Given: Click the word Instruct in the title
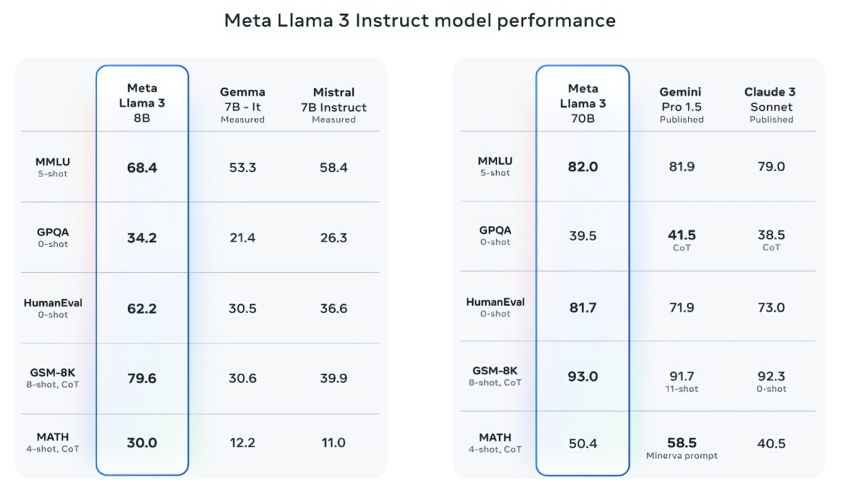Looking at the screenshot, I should coord(399,20).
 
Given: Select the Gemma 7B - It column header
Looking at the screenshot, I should coord(243,105).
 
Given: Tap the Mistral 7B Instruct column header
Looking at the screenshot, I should coord(334,105).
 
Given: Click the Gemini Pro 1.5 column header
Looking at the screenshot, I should coord(681,105).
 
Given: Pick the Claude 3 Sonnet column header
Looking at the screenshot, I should coord(771,105).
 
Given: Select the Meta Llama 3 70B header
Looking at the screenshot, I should coord(582,103).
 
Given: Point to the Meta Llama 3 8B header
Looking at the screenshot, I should coord(142,103).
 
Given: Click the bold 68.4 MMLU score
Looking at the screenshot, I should coord(142,168).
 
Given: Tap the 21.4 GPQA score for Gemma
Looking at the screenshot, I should coord(243,238).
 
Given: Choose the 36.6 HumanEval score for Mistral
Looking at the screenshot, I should coord(333,309).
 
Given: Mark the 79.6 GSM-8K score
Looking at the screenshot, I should coord(142,379).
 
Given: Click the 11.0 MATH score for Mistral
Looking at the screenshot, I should coord(333,443).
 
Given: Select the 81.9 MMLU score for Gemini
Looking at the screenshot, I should coord(682,167).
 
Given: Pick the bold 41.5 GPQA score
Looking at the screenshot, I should coord(682,235).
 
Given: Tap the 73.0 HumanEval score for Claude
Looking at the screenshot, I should coord(771,308).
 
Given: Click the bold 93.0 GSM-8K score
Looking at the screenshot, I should coord(582,377).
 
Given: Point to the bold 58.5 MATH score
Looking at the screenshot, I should coord(682,443).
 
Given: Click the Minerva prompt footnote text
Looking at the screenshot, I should coord(682,456).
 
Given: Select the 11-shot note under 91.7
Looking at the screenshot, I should coord(682,389).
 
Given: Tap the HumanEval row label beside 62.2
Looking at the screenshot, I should coord(53,303).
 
